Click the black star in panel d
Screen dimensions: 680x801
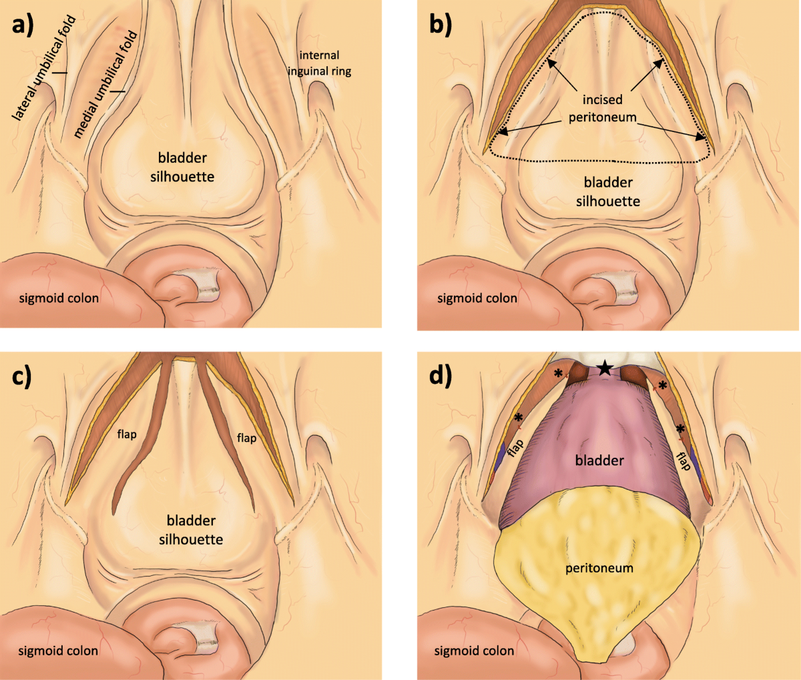click(605, 367)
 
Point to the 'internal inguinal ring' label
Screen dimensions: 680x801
click(319, 63)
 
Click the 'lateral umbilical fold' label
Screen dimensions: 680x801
click(45, 67)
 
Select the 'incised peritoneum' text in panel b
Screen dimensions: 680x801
click(602, 107)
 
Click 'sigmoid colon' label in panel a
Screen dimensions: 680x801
click(59, 298)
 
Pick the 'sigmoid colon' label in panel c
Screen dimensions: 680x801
click(58, 651)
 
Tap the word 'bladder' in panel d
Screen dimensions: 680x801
click(599, 460)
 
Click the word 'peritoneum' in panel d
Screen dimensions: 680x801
click(599, 569)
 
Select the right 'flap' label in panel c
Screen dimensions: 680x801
click(246, 438)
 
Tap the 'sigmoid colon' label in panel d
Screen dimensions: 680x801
click(475, 651)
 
